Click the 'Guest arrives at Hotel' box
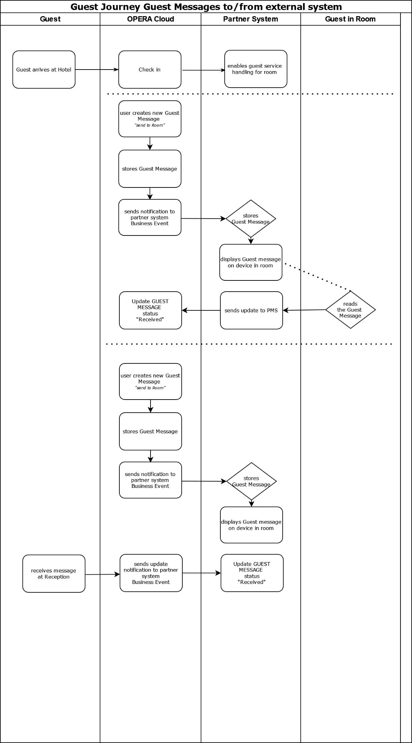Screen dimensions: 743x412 pos(44,70)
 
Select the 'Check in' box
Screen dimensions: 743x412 pos(150,70)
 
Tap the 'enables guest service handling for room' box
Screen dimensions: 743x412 pos(256,69)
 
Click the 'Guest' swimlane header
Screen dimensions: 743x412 pos(50,19)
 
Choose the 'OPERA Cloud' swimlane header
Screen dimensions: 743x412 pos(151,19)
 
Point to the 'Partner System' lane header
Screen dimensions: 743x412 pos(251,19)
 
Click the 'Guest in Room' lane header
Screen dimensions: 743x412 pos(350,19)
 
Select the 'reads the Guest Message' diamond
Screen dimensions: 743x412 pos(350,310)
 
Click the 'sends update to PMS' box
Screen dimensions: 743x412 pos(252,310)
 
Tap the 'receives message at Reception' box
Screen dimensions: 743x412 pos(54,574)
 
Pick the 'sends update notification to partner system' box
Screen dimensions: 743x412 pos(151,573)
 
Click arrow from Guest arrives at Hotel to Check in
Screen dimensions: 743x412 pos(97,70)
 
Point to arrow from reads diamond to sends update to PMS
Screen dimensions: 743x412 pos(304,310)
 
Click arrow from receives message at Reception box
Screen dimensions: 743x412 pos(102,574)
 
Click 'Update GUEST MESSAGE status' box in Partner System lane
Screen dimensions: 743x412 pos(252,573)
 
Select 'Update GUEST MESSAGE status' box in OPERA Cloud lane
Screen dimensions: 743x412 pos(151,310)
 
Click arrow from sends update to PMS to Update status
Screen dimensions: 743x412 pos(201,310)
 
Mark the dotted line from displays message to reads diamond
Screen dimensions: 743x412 pos(318,277)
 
